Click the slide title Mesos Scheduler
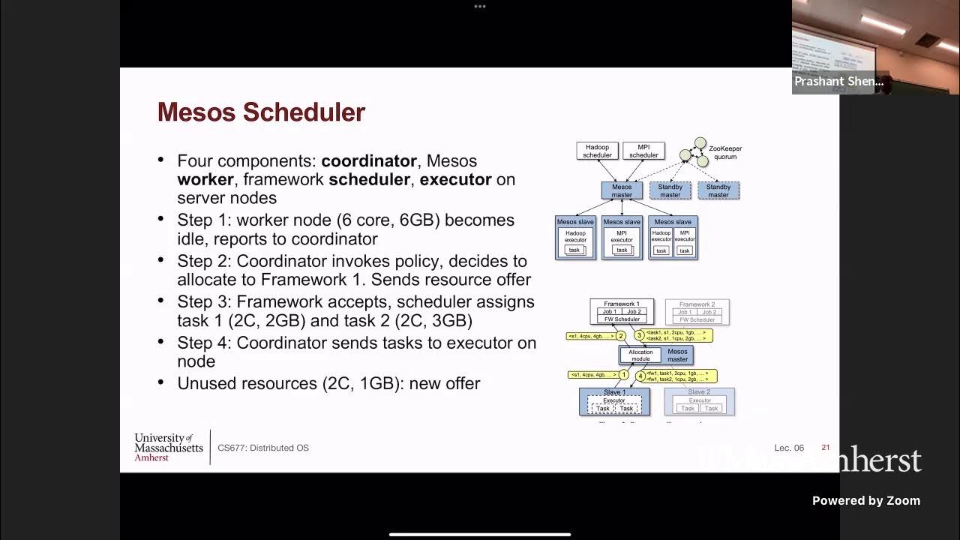(261, 112)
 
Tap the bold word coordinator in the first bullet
(369, 161)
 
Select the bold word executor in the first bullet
(455, 180)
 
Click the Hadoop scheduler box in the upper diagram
(597, 151)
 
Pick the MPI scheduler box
(643, 151)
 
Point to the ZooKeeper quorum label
(724, 153)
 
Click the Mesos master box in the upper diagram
(622, 190)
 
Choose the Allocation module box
(640, 355)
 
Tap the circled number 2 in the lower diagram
(621, 335)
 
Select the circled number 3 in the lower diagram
(639, 335)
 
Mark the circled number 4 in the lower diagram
(640, 376)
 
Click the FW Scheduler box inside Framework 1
(622, 319)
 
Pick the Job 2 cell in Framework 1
(634, 311)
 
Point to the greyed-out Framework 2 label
(697, 304)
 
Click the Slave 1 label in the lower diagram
(613, 392)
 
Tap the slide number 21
(826, 448)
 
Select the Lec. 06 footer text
(789, 448)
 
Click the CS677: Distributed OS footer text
(263, 448)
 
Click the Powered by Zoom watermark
(865, 501)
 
